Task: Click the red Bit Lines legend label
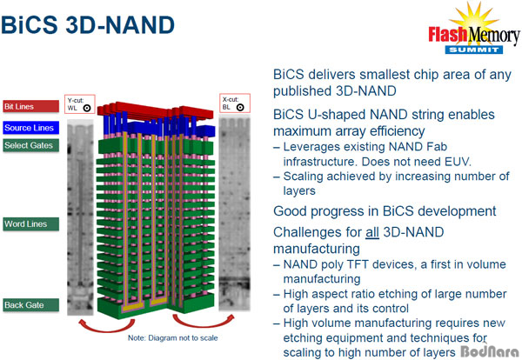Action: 31,106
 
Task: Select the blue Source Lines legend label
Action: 31,128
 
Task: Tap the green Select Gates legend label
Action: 31,145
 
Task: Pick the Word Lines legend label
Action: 31,224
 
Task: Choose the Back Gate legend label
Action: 31,305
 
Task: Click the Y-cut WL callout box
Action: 80,104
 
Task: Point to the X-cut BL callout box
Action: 235,103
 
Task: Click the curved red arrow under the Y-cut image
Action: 106,328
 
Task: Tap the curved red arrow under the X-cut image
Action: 203,323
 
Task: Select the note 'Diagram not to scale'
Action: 173,338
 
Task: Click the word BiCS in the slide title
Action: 30,25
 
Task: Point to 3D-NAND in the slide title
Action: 120,25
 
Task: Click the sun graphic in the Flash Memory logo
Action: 473,17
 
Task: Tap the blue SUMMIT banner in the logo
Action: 474,50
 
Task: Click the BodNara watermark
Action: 489,351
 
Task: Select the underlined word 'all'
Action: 372,232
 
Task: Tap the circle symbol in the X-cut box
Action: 240,108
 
